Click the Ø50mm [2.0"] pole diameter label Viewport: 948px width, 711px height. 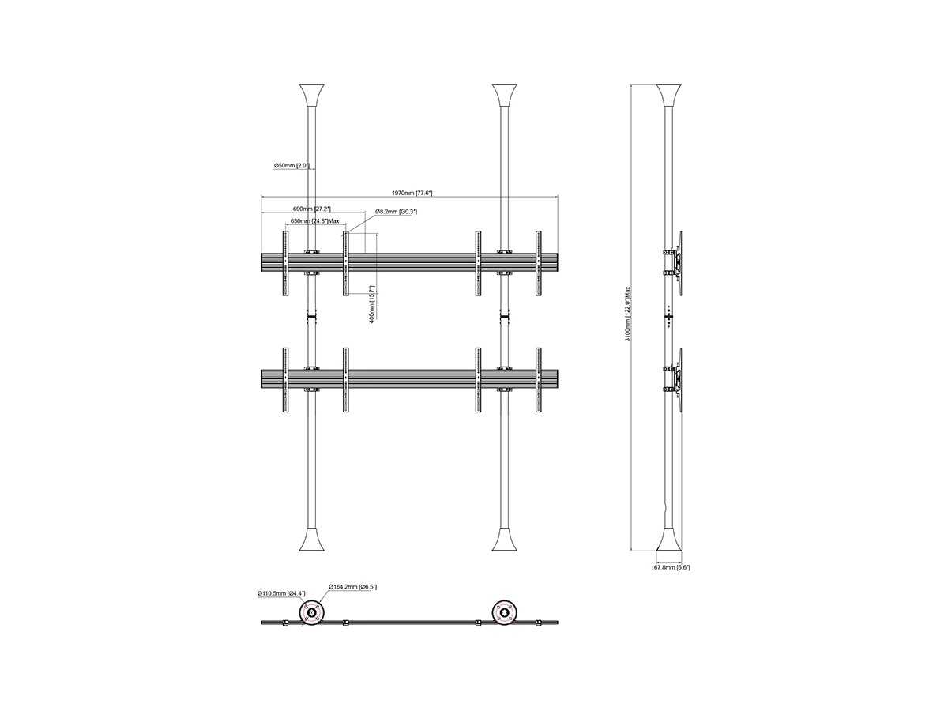click(x=292, y=165)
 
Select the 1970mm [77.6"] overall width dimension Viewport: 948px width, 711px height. click(x=412, y=193)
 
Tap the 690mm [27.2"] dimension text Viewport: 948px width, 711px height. click(x=312, y=209)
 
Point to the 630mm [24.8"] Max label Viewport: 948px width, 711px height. click(x=315, y=221)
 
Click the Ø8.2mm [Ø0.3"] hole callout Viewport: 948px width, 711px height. click(x=396, y=212)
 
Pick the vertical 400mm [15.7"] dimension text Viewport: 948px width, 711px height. click(x=372, y=304)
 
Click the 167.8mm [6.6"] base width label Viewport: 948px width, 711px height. click(x=670, y=568)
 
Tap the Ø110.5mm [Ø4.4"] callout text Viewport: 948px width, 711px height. click(x=281, y=593)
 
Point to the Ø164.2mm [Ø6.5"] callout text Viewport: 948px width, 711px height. click(x=352, y=587)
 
